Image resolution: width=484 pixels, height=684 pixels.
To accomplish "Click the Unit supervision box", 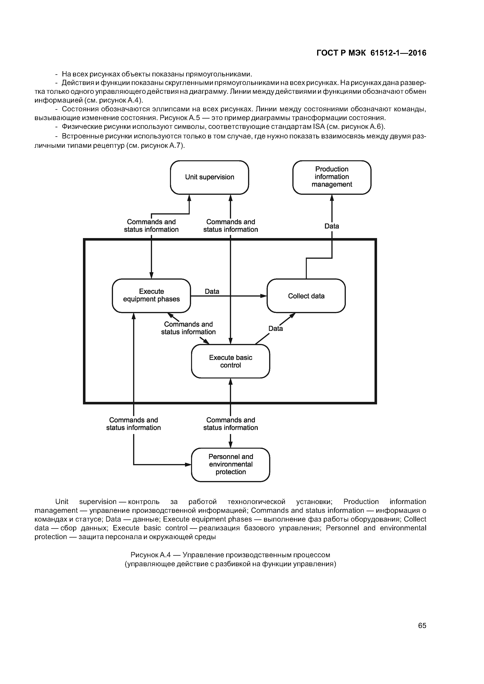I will tap(209, 177).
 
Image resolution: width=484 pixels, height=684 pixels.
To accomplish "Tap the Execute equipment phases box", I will tap(151, 296).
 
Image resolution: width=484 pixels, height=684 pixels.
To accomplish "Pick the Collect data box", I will tap(306, 296).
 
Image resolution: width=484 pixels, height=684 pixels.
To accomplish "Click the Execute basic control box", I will tap(230, 361).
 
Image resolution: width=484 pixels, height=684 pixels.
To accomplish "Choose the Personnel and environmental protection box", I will tap(230, 464).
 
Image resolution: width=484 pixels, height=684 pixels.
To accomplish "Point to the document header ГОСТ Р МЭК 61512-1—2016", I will tap(371, 53).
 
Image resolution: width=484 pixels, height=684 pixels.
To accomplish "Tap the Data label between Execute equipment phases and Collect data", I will tap(212, 291).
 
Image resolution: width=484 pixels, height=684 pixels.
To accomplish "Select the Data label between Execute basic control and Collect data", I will tap(276, 329).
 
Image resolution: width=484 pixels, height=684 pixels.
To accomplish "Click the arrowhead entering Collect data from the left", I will tap(264, 296).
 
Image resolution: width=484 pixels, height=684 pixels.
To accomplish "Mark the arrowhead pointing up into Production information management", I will tap(332, 198).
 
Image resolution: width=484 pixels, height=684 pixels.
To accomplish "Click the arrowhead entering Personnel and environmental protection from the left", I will tap(188, 464).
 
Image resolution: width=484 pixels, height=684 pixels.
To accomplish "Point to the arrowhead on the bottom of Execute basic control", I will tap(230, 382).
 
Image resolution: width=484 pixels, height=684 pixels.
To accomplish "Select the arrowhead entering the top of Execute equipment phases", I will tap(151, 275).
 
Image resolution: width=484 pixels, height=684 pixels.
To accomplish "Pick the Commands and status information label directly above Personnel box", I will tap(230, 424).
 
